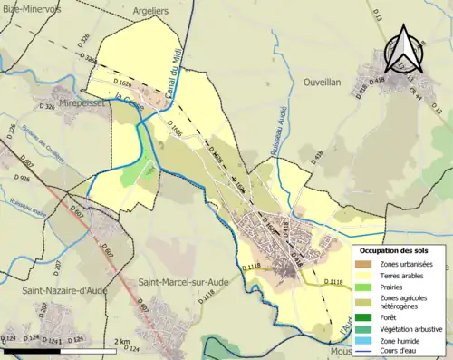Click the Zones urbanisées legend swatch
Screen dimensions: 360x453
point(367,264)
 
